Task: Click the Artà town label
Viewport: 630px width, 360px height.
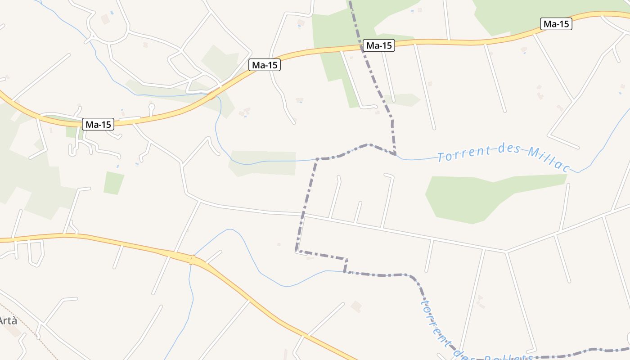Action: point(8,321)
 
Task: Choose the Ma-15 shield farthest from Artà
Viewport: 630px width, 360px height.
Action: point(556,24)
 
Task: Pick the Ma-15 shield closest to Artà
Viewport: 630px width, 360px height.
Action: point(98,124)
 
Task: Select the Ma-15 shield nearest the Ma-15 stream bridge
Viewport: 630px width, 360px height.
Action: point(265,65)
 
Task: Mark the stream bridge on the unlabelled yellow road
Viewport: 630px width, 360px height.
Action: point(193,260)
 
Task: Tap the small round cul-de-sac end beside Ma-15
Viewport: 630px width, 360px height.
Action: point(152,107)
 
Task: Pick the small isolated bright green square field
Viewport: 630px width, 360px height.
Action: point(113,183)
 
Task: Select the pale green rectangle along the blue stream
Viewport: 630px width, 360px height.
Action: point(263,163)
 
